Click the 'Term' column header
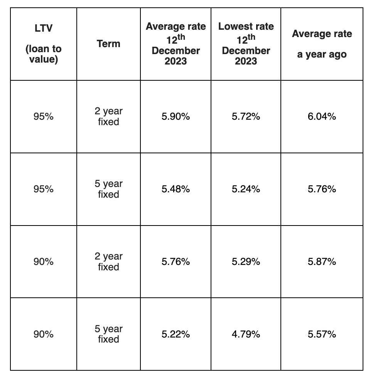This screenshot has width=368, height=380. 108,44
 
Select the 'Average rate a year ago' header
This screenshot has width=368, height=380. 322,44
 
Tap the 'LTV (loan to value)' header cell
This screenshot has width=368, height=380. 44,44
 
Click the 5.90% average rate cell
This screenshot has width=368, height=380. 176,117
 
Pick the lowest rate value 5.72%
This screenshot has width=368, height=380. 246,117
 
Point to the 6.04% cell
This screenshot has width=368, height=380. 322,117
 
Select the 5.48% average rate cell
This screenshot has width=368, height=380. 176,189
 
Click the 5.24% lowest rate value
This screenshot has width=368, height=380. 246,189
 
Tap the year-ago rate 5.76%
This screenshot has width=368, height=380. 322,189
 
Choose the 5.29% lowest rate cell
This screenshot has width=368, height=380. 246,262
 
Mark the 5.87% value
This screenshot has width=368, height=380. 322,262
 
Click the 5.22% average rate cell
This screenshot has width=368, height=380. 176,334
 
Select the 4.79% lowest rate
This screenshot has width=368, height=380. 246,334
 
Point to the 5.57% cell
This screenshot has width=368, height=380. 322,334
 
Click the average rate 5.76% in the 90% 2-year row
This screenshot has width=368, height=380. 176,262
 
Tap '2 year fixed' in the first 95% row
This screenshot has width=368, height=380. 108,117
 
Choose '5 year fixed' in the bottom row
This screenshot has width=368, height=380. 108,334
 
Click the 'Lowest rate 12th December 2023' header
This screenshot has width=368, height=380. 246,44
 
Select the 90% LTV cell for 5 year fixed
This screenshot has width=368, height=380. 44,334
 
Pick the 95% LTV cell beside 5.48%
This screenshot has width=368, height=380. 44,189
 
